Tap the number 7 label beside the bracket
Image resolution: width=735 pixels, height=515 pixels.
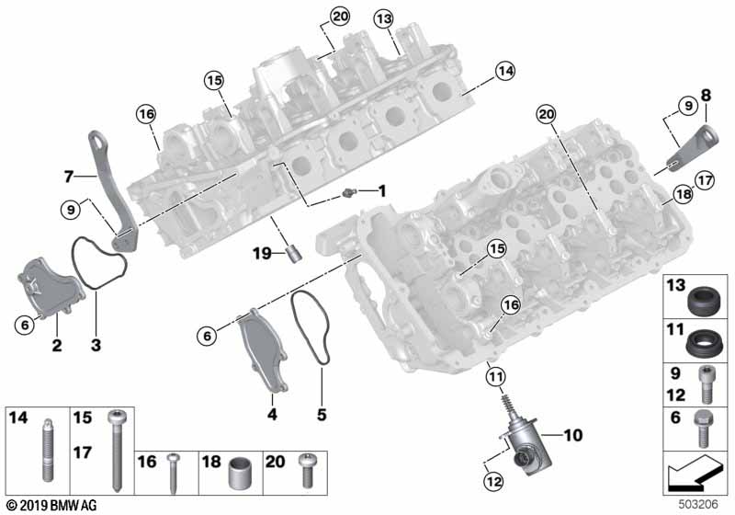[68, 175]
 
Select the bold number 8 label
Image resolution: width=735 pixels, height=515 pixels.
[706, 94]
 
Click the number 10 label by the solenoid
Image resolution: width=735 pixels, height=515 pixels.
[572, 434]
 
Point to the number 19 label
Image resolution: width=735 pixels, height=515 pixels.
[263, 251]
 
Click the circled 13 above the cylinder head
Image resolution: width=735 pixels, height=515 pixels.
[383, 18]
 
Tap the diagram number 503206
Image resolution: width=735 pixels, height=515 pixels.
[699, 505]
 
